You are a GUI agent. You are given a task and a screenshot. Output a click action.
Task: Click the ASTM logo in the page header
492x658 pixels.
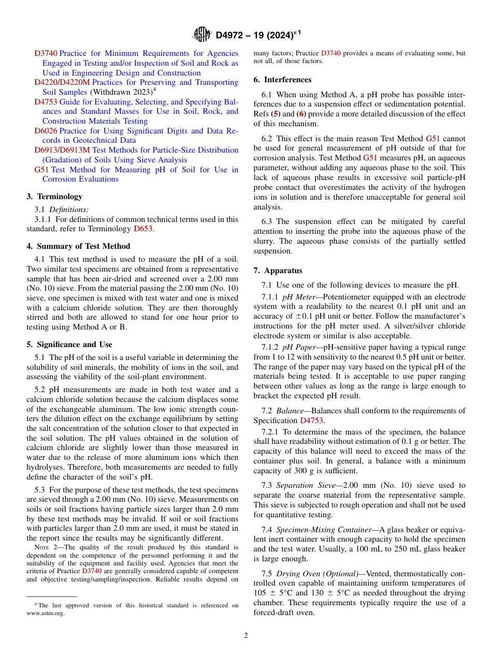click(201, 35)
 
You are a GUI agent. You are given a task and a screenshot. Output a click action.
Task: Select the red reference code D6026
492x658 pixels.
click(46, 131)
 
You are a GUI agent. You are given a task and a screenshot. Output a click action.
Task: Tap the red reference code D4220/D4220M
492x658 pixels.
click(62, 82)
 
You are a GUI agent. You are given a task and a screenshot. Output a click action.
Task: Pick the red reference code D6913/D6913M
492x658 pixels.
click(62, 150)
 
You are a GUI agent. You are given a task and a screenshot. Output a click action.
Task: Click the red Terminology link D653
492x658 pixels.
click(143, 229)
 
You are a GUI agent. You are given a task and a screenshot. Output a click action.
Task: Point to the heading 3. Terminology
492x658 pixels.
click(54, 197)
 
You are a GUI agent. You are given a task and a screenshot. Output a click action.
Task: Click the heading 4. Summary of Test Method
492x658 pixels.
click(78, 246)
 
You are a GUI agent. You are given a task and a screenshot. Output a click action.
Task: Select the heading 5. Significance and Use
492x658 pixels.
click(69, 345)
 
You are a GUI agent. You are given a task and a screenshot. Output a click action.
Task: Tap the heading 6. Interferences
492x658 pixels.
click(282, 80)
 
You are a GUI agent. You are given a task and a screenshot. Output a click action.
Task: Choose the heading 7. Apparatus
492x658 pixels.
click(278, 271)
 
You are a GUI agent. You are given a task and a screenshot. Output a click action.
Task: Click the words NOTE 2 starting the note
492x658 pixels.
click(47, 547)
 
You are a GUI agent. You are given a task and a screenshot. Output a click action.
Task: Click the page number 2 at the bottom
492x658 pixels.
click(246, 636)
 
